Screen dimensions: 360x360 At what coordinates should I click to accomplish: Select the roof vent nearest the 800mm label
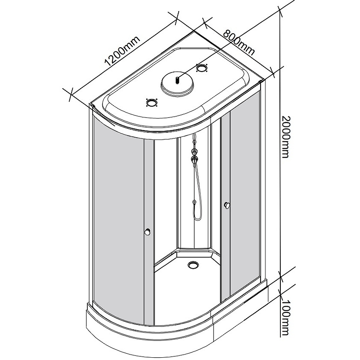point(202,68)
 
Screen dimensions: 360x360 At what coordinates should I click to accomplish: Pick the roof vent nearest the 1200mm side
point(151,103)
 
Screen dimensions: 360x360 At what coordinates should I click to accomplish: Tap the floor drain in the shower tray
point(194,265)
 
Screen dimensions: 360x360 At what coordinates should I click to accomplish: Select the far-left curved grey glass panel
point(118,216)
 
